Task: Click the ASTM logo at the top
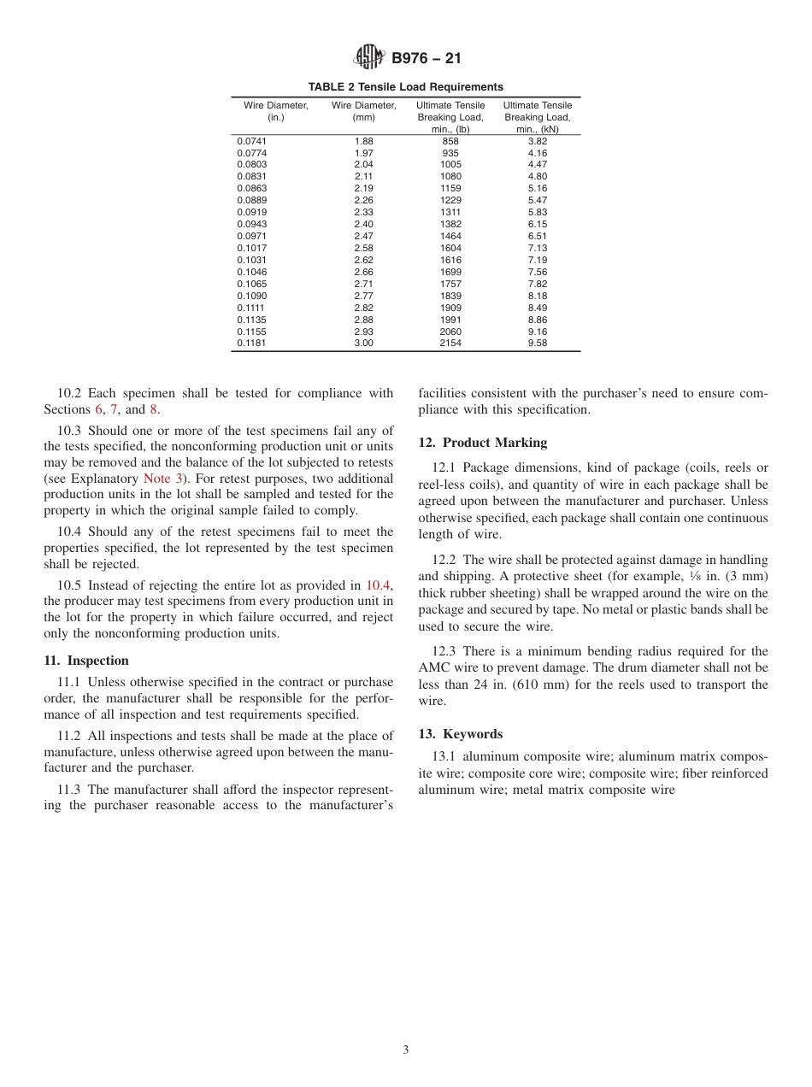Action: click(x=369, y=58)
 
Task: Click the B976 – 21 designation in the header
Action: click(x=426, y=59)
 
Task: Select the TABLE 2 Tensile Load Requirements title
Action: click(x=405, y=87)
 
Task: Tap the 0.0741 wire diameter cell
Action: click(x=251, y=141)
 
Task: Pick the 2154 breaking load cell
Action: click(x=450, y=343)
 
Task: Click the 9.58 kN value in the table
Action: click(x=537, y=343)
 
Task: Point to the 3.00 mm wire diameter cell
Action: click(x=363, y=343)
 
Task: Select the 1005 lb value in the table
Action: click(x=450, y=164)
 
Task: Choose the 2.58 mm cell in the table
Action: click(x=363, y=248)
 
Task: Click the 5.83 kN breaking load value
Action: click(x=537, y=212)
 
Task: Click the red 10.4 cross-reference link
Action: click(x=378, y=585)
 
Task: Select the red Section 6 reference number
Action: click(x=98, y=409)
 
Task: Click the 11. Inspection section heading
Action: click(x=85, y=661)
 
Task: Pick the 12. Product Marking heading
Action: click(x=482, y=443)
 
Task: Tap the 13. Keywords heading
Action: click(x=460, y=734)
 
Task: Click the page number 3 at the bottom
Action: click(x=406, y=1050)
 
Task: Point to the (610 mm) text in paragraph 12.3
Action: click(x=538, y=685)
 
